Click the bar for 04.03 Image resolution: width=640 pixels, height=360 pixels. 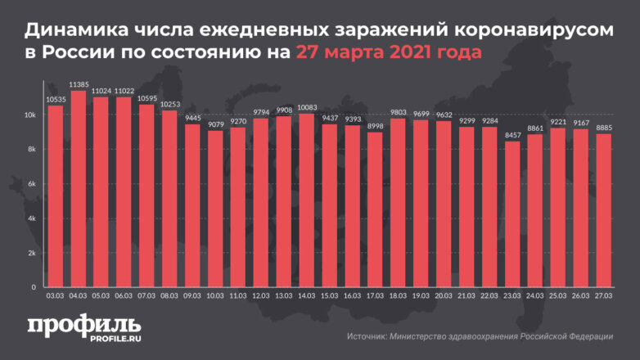[x=79, y=189]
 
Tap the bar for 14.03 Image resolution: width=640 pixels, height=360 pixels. [x=307, y=200]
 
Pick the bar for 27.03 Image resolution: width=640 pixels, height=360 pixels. [x=602, y=211]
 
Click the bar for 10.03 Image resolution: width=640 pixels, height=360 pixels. [x=215, y=209]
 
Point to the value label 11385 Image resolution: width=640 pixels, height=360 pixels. [x=79, y=84]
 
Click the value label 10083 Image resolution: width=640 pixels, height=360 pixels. [x=307, y=107]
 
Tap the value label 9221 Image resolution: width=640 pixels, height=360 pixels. [x=557, y=122]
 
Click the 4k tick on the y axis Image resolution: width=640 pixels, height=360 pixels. [x=30, y=218]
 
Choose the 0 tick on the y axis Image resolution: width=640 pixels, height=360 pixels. [x=34, y=287]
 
